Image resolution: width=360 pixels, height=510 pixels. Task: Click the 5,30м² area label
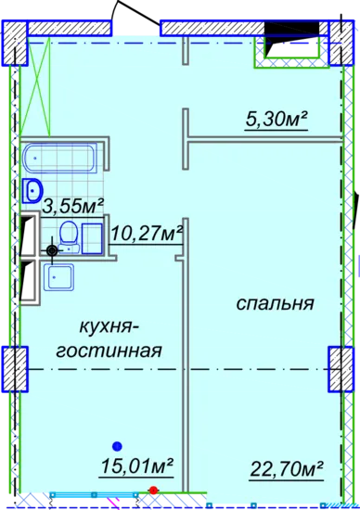pyautogui.click(x=276, y=120)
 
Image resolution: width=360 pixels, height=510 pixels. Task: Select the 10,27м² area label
pyautogui.click(x=147, y=233)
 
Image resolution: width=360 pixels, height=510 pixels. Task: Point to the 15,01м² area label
pyautogui.click(x=136, y=466)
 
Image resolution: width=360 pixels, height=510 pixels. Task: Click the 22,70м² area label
pyautogui.click(x=287, y=468)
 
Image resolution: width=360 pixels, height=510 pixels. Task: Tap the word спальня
pyautogui.click(x=275, y=303)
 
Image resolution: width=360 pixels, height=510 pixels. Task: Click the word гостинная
pyautogui.click(x=109, y=351)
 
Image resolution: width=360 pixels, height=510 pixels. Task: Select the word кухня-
pyautogui.click(x=109, y=327)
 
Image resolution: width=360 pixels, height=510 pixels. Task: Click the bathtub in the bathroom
pyautogui.click(x=60, y=158)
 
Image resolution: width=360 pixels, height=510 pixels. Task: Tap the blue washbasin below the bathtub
pyautogui.click(x=32, y=191)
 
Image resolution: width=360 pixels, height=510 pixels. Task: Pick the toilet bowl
pyautogui.click(x=69, y=235)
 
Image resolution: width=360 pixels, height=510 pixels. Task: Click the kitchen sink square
pyautogui.click(x=58, y=277)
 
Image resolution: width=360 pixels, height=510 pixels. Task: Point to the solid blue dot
pyautogui.click(x=117, y=447)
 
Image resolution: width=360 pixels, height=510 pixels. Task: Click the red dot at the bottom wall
pyautogui.click(x=153, y=490)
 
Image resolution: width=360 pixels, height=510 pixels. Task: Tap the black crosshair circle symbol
pyautogui.click(x=52, y=250)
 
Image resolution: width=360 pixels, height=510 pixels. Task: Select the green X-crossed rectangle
pyautogui.click(x=35, y=86)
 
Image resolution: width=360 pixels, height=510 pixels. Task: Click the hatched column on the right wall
pyautogui.click(x=341, y=369)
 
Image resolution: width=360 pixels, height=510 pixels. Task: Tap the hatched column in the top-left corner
pyautogui.click(x=15, y=43)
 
